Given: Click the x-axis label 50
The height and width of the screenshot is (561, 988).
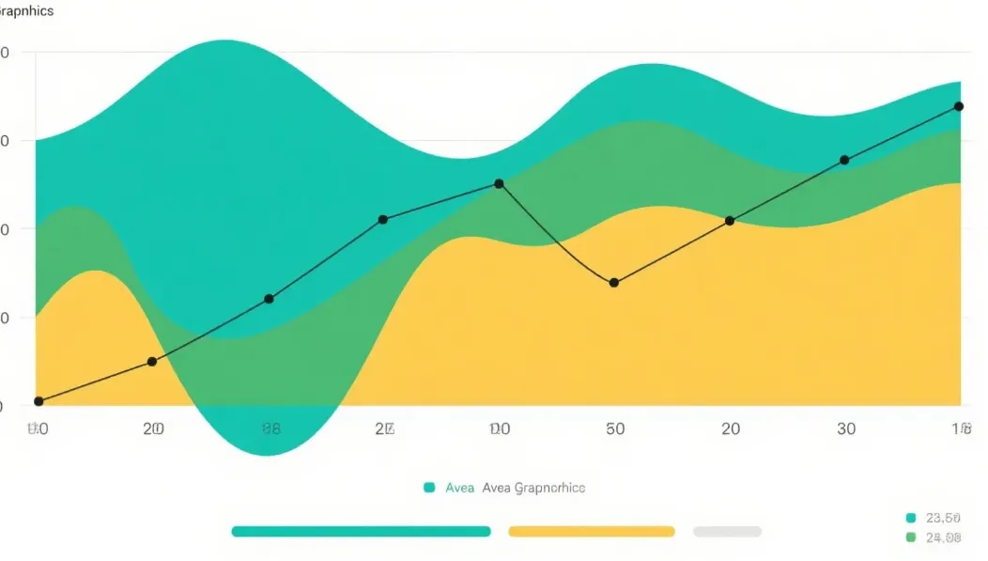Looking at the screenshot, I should pos(615,429).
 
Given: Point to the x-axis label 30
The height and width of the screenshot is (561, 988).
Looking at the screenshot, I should pos(846,429).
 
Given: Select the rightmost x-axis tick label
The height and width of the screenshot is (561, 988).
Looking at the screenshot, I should pos(961,429).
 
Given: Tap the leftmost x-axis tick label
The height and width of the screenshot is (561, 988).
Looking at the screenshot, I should pos(37,429).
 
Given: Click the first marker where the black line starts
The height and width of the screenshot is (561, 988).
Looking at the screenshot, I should pos(39,401).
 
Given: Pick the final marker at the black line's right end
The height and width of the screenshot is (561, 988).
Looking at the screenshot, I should pos(959,106).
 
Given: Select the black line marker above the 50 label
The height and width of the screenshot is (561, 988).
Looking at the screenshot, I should pos(614,283).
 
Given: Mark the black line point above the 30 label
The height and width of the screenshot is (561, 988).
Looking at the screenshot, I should pos(844,160).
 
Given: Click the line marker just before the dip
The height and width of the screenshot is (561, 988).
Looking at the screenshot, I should pos(499,184).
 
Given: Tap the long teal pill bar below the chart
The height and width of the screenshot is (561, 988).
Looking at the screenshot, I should pos(361,531).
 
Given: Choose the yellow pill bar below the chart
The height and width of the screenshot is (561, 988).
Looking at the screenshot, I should pos(592,531).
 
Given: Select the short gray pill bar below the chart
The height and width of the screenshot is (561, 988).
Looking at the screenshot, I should pos(727,531).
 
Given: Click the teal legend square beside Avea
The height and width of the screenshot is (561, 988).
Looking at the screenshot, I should pos(429,488).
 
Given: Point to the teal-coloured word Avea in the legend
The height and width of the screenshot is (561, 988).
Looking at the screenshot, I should pos(460,488).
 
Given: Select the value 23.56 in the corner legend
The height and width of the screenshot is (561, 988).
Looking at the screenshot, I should pos(943,518).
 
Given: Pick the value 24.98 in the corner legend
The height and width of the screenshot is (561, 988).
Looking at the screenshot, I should pos(943,538).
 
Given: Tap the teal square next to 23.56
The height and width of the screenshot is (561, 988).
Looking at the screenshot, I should pos(910,518).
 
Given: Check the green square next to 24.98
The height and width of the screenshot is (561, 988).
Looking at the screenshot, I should pos(910,538).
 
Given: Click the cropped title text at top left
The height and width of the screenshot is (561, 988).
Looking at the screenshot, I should pos(26,11).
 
